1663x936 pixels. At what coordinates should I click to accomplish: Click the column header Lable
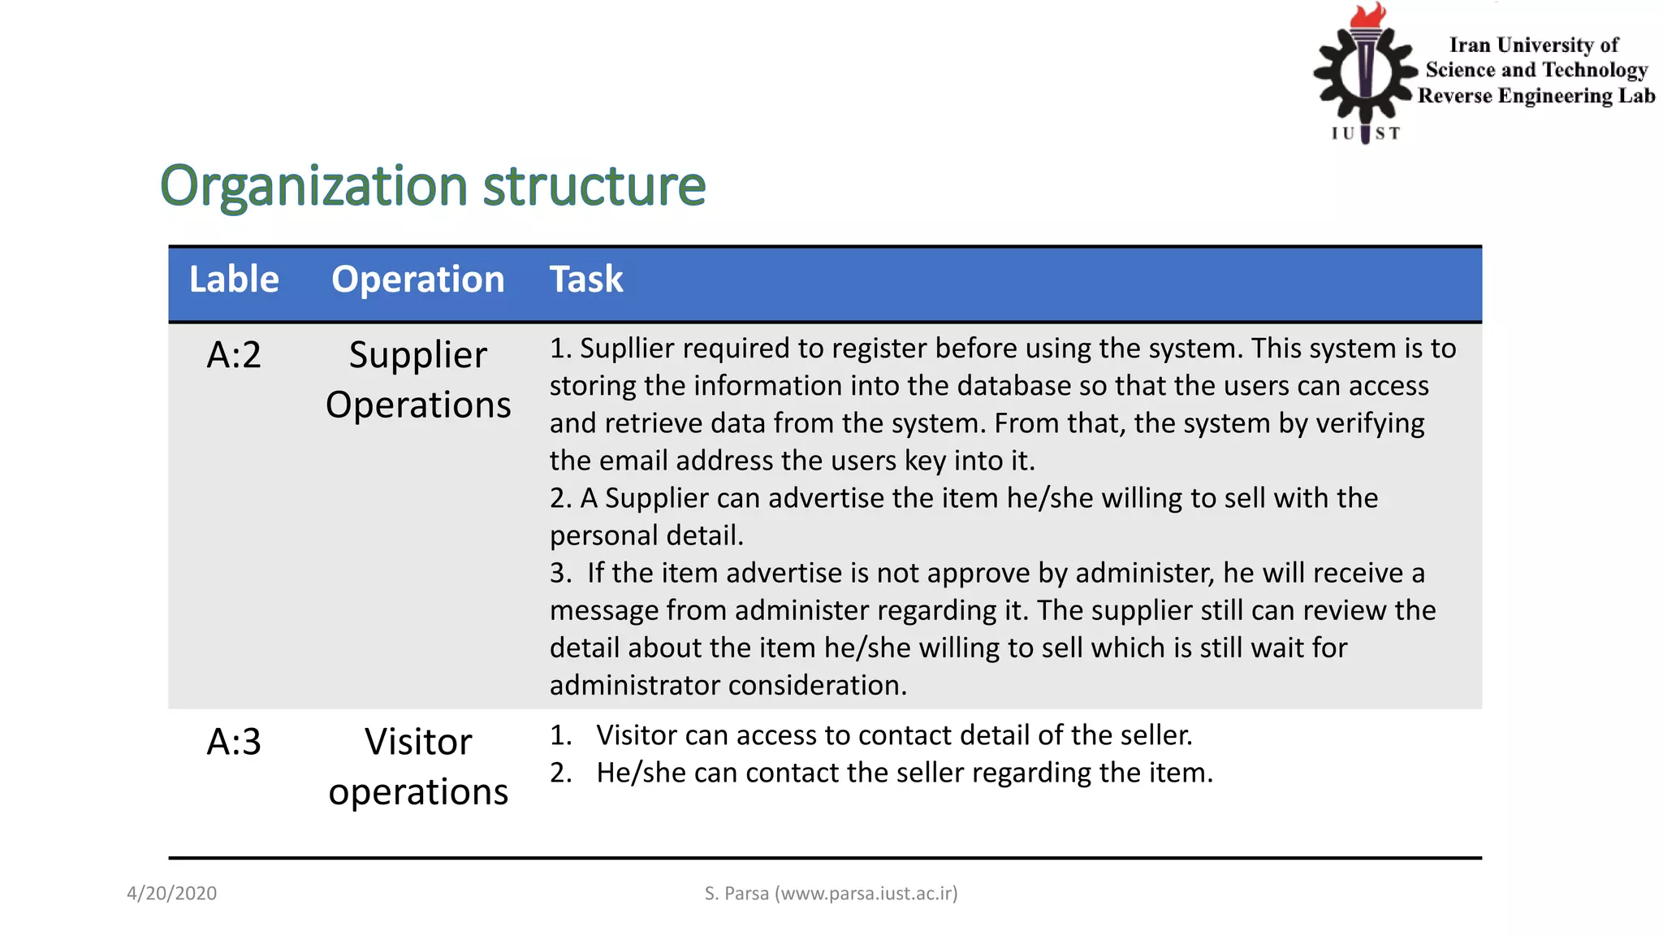click(x=234, y=279)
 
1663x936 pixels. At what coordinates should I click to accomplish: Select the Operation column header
click(x=417, y=279)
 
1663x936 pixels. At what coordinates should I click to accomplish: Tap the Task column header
click(x=585, y=279)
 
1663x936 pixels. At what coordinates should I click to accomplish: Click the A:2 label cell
click(x=234, y=355)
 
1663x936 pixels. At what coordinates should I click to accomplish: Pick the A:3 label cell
click(x=234, y=742)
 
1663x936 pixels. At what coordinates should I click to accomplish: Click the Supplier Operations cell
click(x=417, y=379)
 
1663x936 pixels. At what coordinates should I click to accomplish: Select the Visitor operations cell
click(x=417, y=766)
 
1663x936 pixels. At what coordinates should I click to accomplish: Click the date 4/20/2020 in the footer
click(x=171, y=894)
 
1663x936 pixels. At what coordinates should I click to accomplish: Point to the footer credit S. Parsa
click(x=831, y=894)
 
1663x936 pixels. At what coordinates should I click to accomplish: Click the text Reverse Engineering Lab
click(x=1536, y=96)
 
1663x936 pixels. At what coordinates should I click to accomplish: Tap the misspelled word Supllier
click(x=626, y=349)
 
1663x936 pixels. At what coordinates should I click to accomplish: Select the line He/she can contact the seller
click(x=904, y=773)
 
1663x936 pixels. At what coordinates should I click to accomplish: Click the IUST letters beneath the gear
click(x=1366, y=133)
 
